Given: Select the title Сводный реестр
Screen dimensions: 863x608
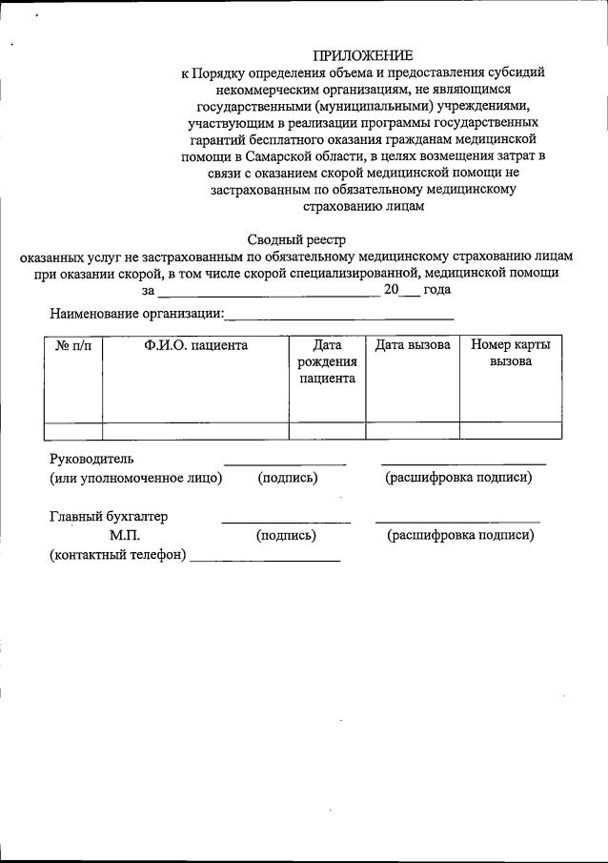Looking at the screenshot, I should (297, 239).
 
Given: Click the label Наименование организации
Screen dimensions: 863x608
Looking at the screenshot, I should (136, 313).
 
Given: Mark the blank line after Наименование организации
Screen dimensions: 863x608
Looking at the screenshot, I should (339, 316).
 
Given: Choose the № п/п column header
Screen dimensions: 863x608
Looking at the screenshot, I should (73, 345).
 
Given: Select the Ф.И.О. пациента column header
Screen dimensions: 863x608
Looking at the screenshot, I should (195, 345).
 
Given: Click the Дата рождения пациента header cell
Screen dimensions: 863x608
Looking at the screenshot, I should (326, 361).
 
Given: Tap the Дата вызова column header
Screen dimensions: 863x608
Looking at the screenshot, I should (412, 345).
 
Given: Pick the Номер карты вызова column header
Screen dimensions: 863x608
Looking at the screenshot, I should (510, 353).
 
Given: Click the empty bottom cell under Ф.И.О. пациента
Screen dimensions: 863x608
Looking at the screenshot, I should (195, 430).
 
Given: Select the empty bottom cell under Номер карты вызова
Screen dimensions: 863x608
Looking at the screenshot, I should (510, 430).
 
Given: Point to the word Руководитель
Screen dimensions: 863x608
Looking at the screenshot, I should (92, 460).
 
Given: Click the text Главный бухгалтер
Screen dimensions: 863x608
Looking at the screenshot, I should (109, 517).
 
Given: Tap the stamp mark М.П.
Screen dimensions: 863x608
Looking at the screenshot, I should (125, 536).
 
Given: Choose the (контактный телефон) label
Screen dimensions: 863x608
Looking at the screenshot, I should (118, 555).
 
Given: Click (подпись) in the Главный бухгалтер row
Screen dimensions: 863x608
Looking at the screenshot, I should (286, 536).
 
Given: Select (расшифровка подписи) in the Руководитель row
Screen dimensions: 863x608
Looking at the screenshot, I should (458, 478).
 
